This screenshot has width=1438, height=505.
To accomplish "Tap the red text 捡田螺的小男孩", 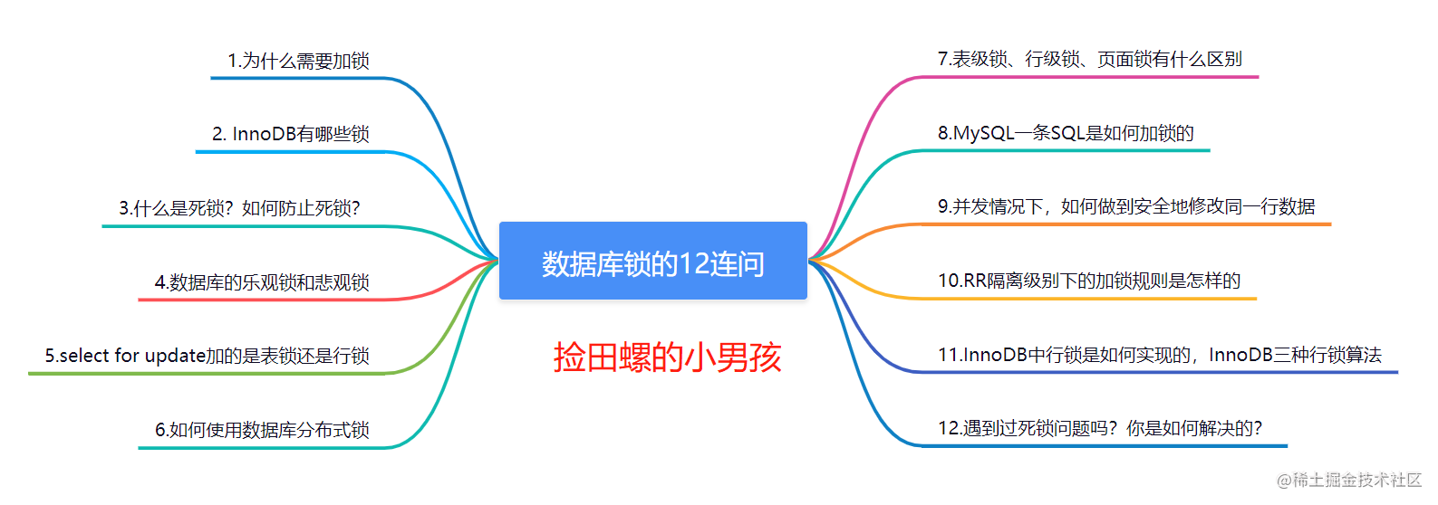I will tap(667, 357).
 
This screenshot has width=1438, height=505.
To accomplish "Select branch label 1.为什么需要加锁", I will tap(298, 61).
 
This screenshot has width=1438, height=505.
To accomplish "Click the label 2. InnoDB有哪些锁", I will tap(291, 134).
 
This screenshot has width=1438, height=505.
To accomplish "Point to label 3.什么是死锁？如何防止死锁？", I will tap(239, 208).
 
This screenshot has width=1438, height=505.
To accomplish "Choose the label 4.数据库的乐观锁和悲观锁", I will tap(262, 282).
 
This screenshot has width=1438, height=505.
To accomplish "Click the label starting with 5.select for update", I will tap(207, 356).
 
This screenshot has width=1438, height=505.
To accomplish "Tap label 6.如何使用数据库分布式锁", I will tap(262, 430).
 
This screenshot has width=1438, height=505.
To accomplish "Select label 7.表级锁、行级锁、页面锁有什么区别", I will tap(1089, 60).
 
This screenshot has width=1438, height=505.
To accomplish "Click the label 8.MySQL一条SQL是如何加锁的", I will tap(1066, 133).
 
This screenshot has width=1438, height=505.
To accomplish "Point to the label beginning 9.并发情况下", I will tap(1126, 206).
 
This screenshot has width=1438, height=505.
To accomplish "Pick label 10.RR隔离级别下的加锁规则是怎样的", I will tap(1089, 281).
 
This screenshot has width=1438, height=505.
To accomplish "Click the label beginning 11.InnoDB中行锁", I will tap(1160, 355).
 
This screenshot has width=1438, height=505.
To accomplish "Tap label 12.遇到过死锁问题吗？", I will tap(1100, 428).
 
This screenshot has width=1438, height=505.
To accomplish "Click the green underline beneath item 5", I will tap(208, 373).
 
